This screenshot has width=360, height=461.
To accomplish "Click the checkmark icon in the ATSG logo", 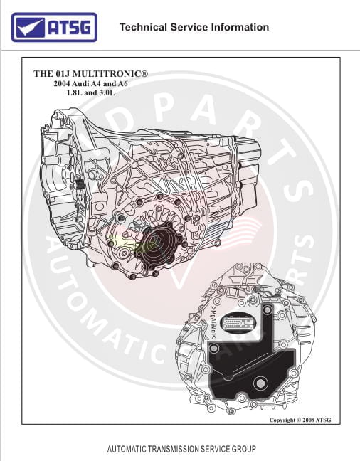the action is (30, 27).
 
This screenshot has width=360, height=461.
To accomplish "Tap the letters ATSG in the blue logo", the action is (70, 27).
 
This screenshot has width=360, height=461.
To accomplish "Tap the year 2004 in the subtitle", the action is (62, 83).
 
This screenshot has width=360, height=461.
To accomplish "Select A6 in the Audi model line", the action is (122, 83).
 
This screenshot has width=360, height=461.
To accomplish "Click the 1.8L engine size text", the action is (75, 92).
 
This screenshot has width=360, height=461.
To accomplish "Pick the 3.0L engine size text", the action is (107, 92).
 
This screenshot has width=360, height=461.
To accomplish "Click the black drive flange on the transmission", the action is (157, 245).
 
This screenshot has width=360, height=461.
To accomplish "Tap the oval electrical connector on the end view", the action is (238, 323).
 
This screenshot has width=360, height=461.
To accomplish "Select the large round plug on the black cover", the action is (260, 383).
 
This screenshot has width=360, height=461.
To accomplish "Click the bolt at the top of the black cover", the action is (267, 310).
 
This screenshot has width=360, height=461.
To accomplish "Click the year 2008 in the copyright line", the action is (309, 420).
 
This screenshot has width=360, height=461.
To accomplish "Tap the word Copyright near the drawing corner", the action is (282, 420).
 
